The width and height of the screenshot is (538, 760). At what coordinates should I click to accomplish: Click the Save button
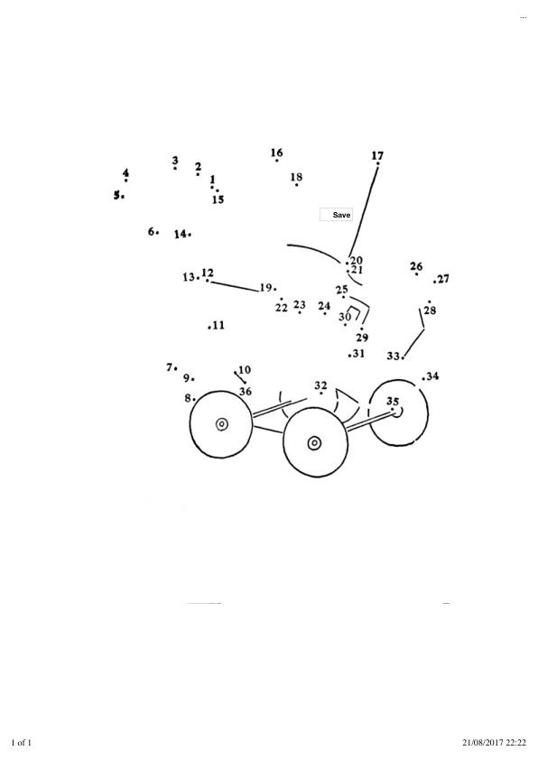pos(336,215)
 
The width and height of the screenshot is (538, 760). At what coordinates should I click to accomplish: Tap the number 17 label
pos(377,155)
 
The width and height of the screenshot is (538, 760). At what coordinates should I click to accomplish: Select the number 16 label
pos(277,153)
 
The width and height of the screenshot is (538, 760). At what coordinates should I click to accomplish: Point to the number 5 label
pos(116,195)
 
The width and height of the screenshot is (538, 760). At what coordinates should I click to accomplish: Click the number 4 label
pos(126,172)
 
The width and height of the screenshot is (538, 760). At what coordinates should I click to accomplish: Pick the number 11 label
pos(218,325)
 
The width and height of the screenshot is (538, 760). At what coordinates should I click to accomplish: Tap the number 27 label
pos(443,279)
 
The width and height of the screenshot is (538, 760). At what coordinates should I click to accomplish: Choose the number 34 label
pos(432,375)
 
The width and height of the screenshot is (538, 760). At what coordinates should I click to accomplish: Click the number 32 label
pos(320,385)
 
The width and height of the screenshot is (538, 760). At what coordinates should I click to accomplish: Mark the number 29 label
pos(362,338)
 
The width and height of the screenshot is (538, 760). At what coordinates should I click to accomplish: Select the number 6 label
pos(152,231)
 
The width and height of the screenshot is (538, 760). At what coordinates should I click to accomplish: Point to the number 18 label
pos(297,177)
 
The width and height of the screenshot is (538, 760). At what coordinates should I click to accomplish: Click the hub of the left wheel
pos(221,424)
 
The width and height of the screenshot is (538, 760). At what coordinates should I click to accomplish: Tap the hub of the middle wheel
pos(314,442)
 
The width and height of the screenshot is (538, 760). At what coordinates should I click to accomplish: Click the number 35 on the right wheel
pos(393,402)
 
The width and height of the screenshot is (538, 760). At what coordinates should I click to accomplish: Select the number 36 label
pos(246,391)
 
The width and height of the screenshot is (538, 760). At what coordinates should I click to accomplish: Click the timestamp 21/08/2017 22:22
pos(494,743)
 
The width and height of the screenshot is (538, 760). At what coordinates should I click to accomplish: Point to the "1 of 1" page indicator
pos(22,743)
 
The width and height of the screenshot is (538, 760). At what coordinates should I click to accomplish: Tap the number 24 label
pos(324,306)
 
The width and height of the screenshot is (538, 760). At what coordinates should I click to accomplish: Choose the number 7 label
pos(169,367)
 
